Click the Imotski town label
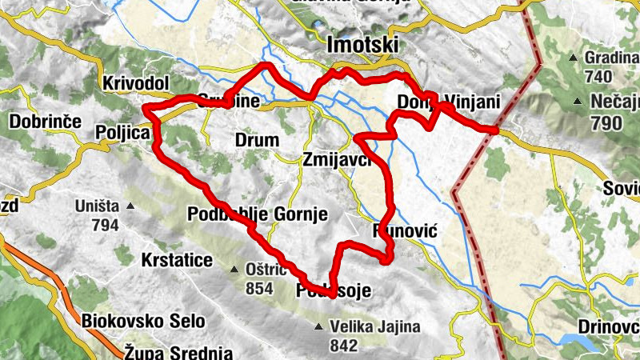coord(362,45)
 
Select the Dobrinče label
coord(45,122)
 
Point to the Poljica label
coord(122,132)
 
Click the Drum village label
coord(257,140)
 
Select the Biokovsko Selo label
coord(143,321)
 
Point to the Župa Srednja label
coord(178,351)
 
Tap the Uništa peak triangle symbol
coord(130,206)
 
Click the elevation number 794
coord(105,225)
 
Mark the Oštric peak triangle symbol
coord(234,269)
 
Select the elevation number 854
coord(259,288)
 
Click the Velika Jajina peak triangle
coord(319,326)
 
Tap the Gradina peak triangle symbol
coord(574,58)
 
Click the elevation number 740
coord(598,77)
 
